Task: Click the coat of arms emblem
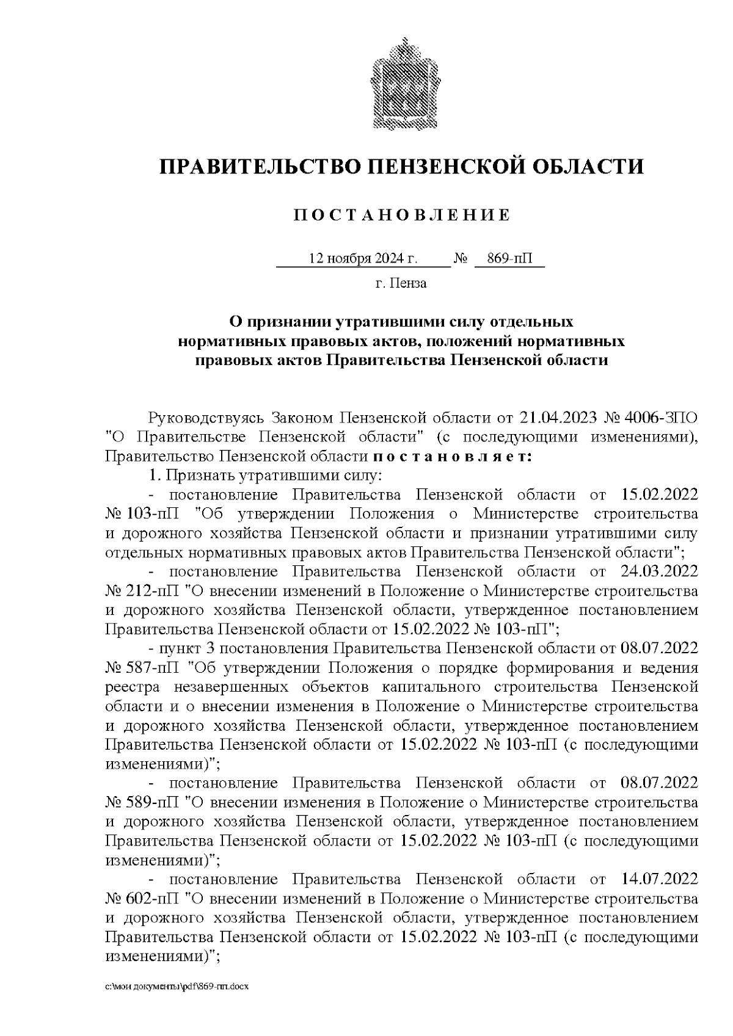click(x=401, y=84)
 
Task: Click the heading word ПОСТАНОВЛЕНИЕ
click(x=401, y=215)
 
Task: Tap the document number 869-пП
click(x=510, y=259)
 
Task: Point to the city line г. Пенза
click(x=401, y=283)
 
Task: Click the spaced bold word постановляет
click(x=451, y=457)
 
